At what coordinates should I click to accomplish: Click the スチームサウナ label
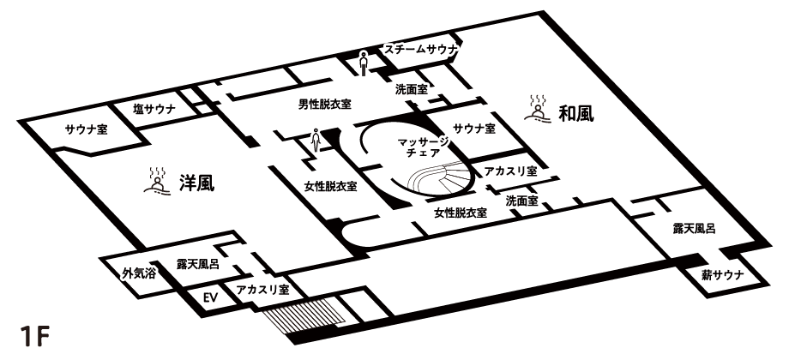tap(421, 51)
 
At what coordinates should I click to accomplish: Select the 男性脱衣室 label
tap(323, 105)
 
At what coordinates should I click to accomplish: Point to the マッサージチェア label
tap(423, 146)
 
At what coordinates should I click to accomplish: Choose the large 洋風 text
tap(196, 182)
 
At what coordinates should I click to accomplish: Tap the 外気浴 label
tap(138, 273)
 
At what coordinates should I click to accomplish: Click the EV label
tap(206, 298)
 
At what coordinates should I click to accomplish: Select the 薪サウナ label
tap(722, 274)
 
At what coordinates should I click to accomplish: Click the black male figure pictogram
tap(364, 63)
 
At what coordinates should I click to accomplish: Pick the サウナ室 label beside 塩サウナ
tap(86, 130)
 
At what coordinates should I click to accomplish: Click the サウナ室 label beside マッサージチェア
tap(474, 129)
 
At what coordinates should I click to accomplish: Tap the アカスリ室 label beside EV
tap(263, 290)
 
